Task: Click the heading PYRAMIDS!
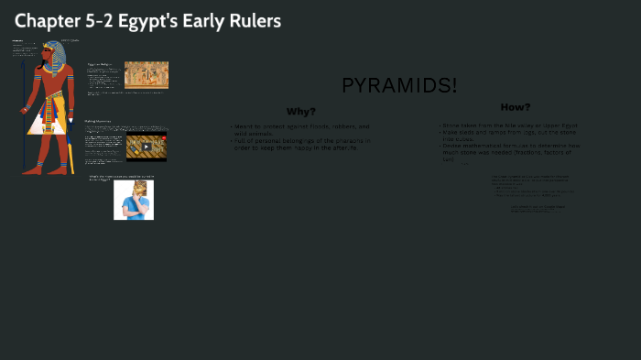tap(399, 86)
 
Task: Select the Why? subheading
tap(300, 112)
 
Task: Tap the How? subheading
tap(515, 107)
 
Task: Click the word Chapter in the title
tap(46, 20)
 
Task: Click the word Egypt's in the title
tap(155, 20)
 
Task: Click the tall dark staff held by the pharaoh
tap(25, 110)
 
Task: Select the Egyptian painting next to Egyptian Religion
tap(147, 74)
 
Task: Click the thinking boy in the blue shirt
tap(134, 200)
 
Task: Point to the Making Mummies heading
tap(98, 121)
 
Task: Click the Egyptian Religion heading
tap(99, 64)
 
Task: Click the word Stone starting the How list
tap(451, 125)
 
